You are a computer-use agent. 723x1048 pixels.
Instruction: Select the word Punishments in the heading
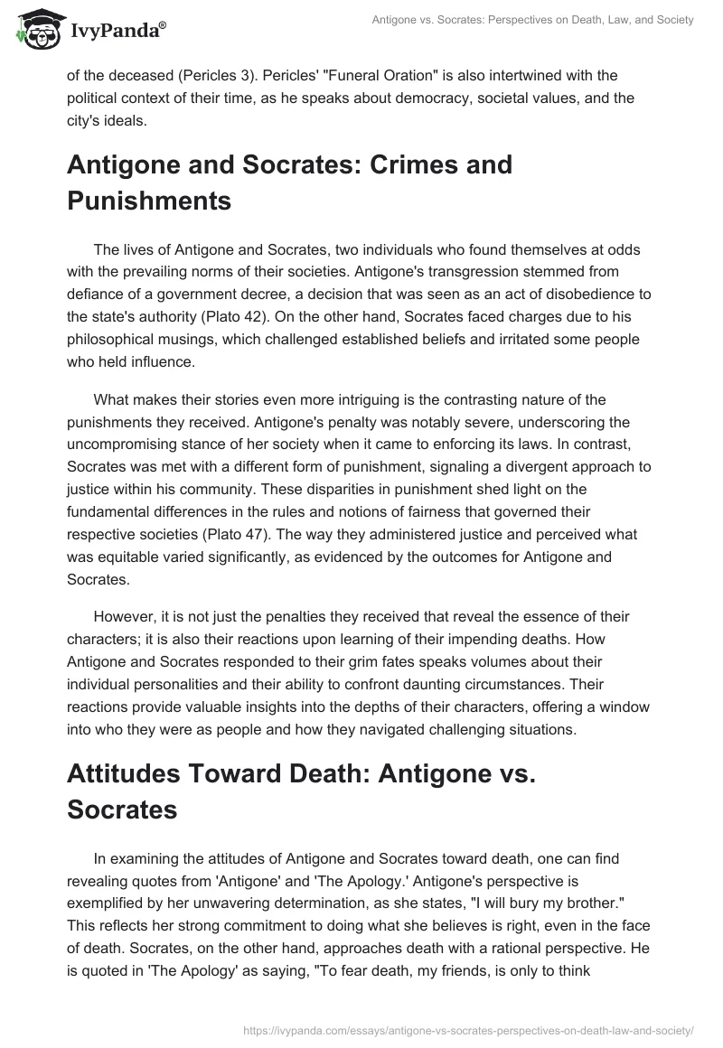(x=149, y=201)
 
